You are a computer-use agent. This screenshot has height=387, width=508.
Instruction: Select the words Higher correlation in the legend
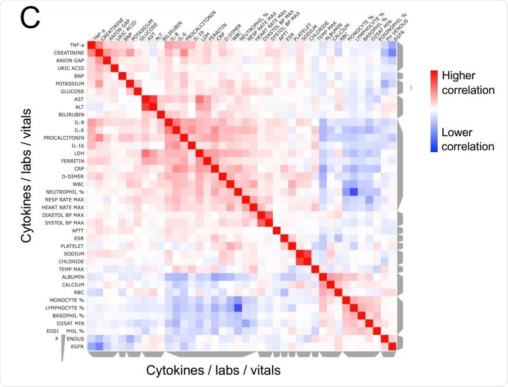(x=468, y=83)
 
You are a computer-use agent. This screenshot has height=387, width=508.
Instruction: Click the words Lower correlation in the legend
(x=468, y=139)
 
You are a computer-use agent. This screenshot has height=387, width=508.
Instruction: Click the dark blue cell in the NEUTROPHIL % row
(x=354, y=191)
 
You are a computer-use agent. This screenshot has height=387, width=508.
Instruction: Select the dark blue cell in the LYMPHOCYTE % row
(x=238, y=307)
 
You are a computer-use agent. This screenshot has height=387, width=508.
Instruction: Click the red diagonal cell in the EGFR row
(x=393, y=346)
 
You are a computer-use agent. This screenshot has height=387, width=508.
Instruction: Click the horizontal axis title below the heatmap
(x=213, y=370)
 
